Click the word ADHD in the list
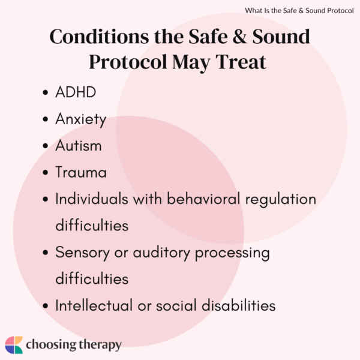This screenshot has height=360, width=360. coord(74,93)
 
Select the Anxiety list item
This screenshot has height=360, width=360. coord(80,119)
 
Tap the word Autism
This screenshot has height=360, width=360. coord(78,146)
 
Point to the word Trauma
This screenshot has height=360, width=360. coord(80,173)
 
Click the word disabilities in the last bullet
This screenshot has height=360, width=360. coord(236,305)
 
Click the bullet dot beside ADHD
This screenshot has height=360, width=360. coord(46,94)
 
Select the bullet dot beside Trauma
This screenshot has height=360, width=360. coord(46,173)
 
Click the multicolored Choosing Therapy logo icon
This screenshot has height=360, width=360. coord(14,345)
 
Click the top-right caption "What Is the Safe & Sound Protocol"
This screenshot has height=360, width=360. coord(300,10)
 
